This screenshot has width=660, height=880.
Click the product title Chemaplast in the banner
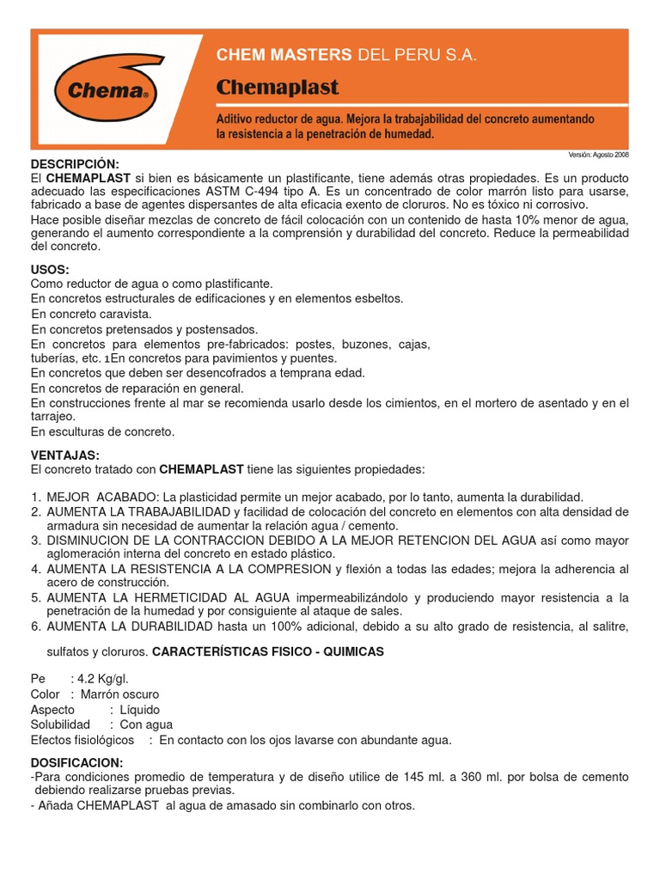(x=278, y=88)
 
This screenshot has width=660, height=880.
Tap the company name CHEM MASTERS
(x=284, y=55)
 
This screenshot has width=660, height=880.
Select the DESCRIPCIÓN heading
(x=75, y=163)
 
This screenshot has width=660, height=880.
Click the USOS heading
(x=51, y=270)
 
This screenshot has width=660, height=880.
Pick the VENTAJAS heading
(x=65, y=455)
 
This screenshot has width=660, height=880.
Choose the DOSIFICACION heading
(x=76, y=763)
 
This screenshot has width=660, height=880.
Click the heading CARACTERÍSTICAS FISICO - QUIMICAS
(x=268, y=652)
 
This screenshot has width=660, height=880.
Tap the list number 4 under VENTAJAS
(x=36, y=569)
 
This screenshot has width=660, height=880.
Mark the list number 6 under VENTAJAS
(x=36, y=626)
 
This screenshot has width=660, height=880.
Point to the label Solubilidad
(x=60, y=724)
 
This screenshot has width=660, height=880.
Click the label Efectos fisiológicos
(x=82, y=740)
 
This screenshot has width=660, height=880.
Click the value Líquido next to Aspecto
(x=142, y=709)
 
